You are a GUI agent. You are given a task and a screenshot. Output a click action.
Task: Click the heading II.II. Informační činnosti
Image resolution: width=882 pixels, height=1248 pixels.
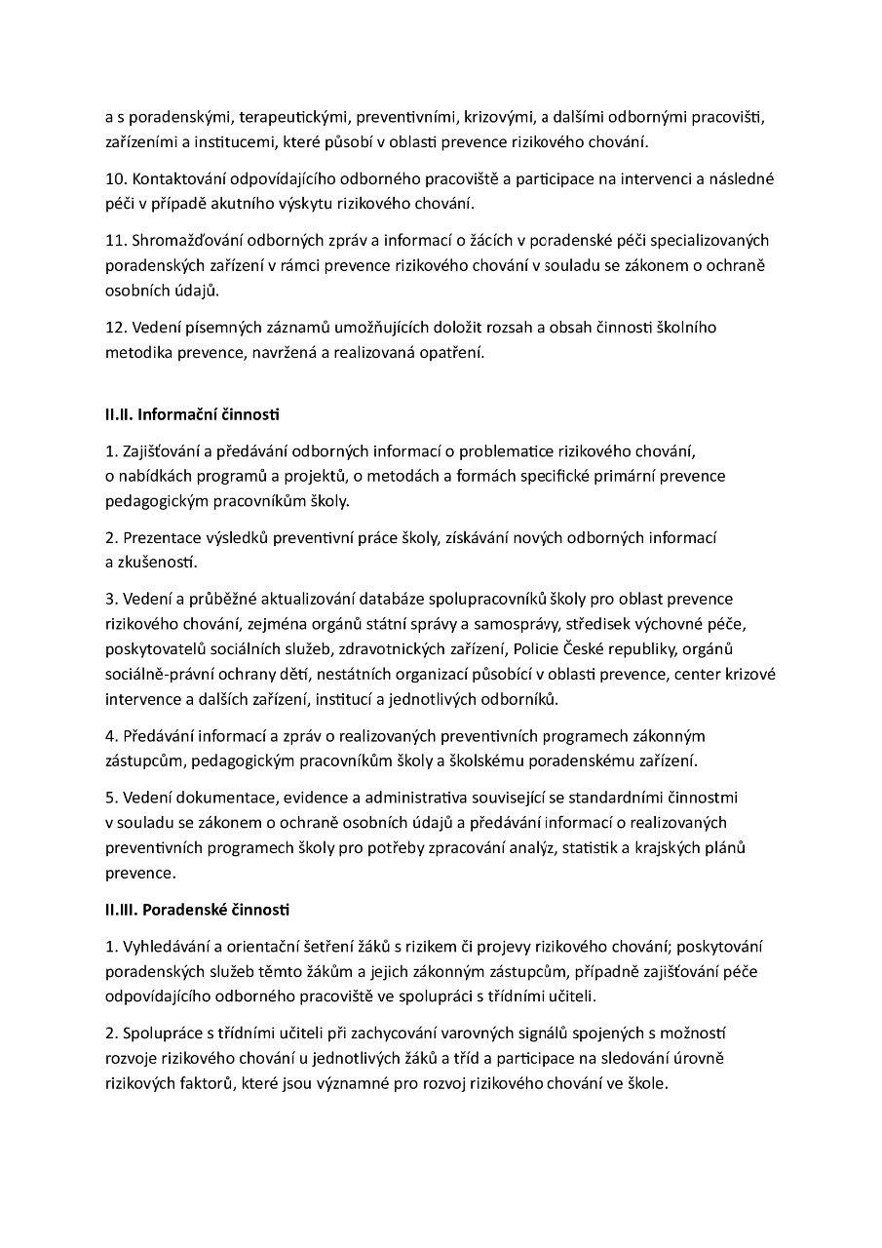[x=192, y=414]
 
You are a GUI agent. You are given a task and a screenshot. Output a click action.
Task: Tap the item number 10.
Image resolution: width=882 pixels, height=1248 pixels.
[x=114, y=180]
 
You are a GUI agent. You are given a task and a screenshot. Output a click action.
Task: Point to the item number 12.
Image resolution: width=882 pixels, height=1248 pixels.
[x=114, y=328]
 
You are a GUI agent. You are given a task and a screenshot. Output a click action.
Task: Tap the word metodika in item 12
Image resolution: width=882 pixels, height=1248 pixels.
[x=136, y=352]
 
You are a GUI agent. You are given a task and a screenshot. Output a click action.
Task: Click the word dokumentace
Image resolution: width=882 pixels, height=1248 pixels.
[x=216, y=798]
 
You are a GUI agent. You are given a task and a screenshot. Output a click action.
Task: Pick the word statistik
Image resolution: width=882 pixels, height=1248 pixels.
[x=597, y=847]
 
